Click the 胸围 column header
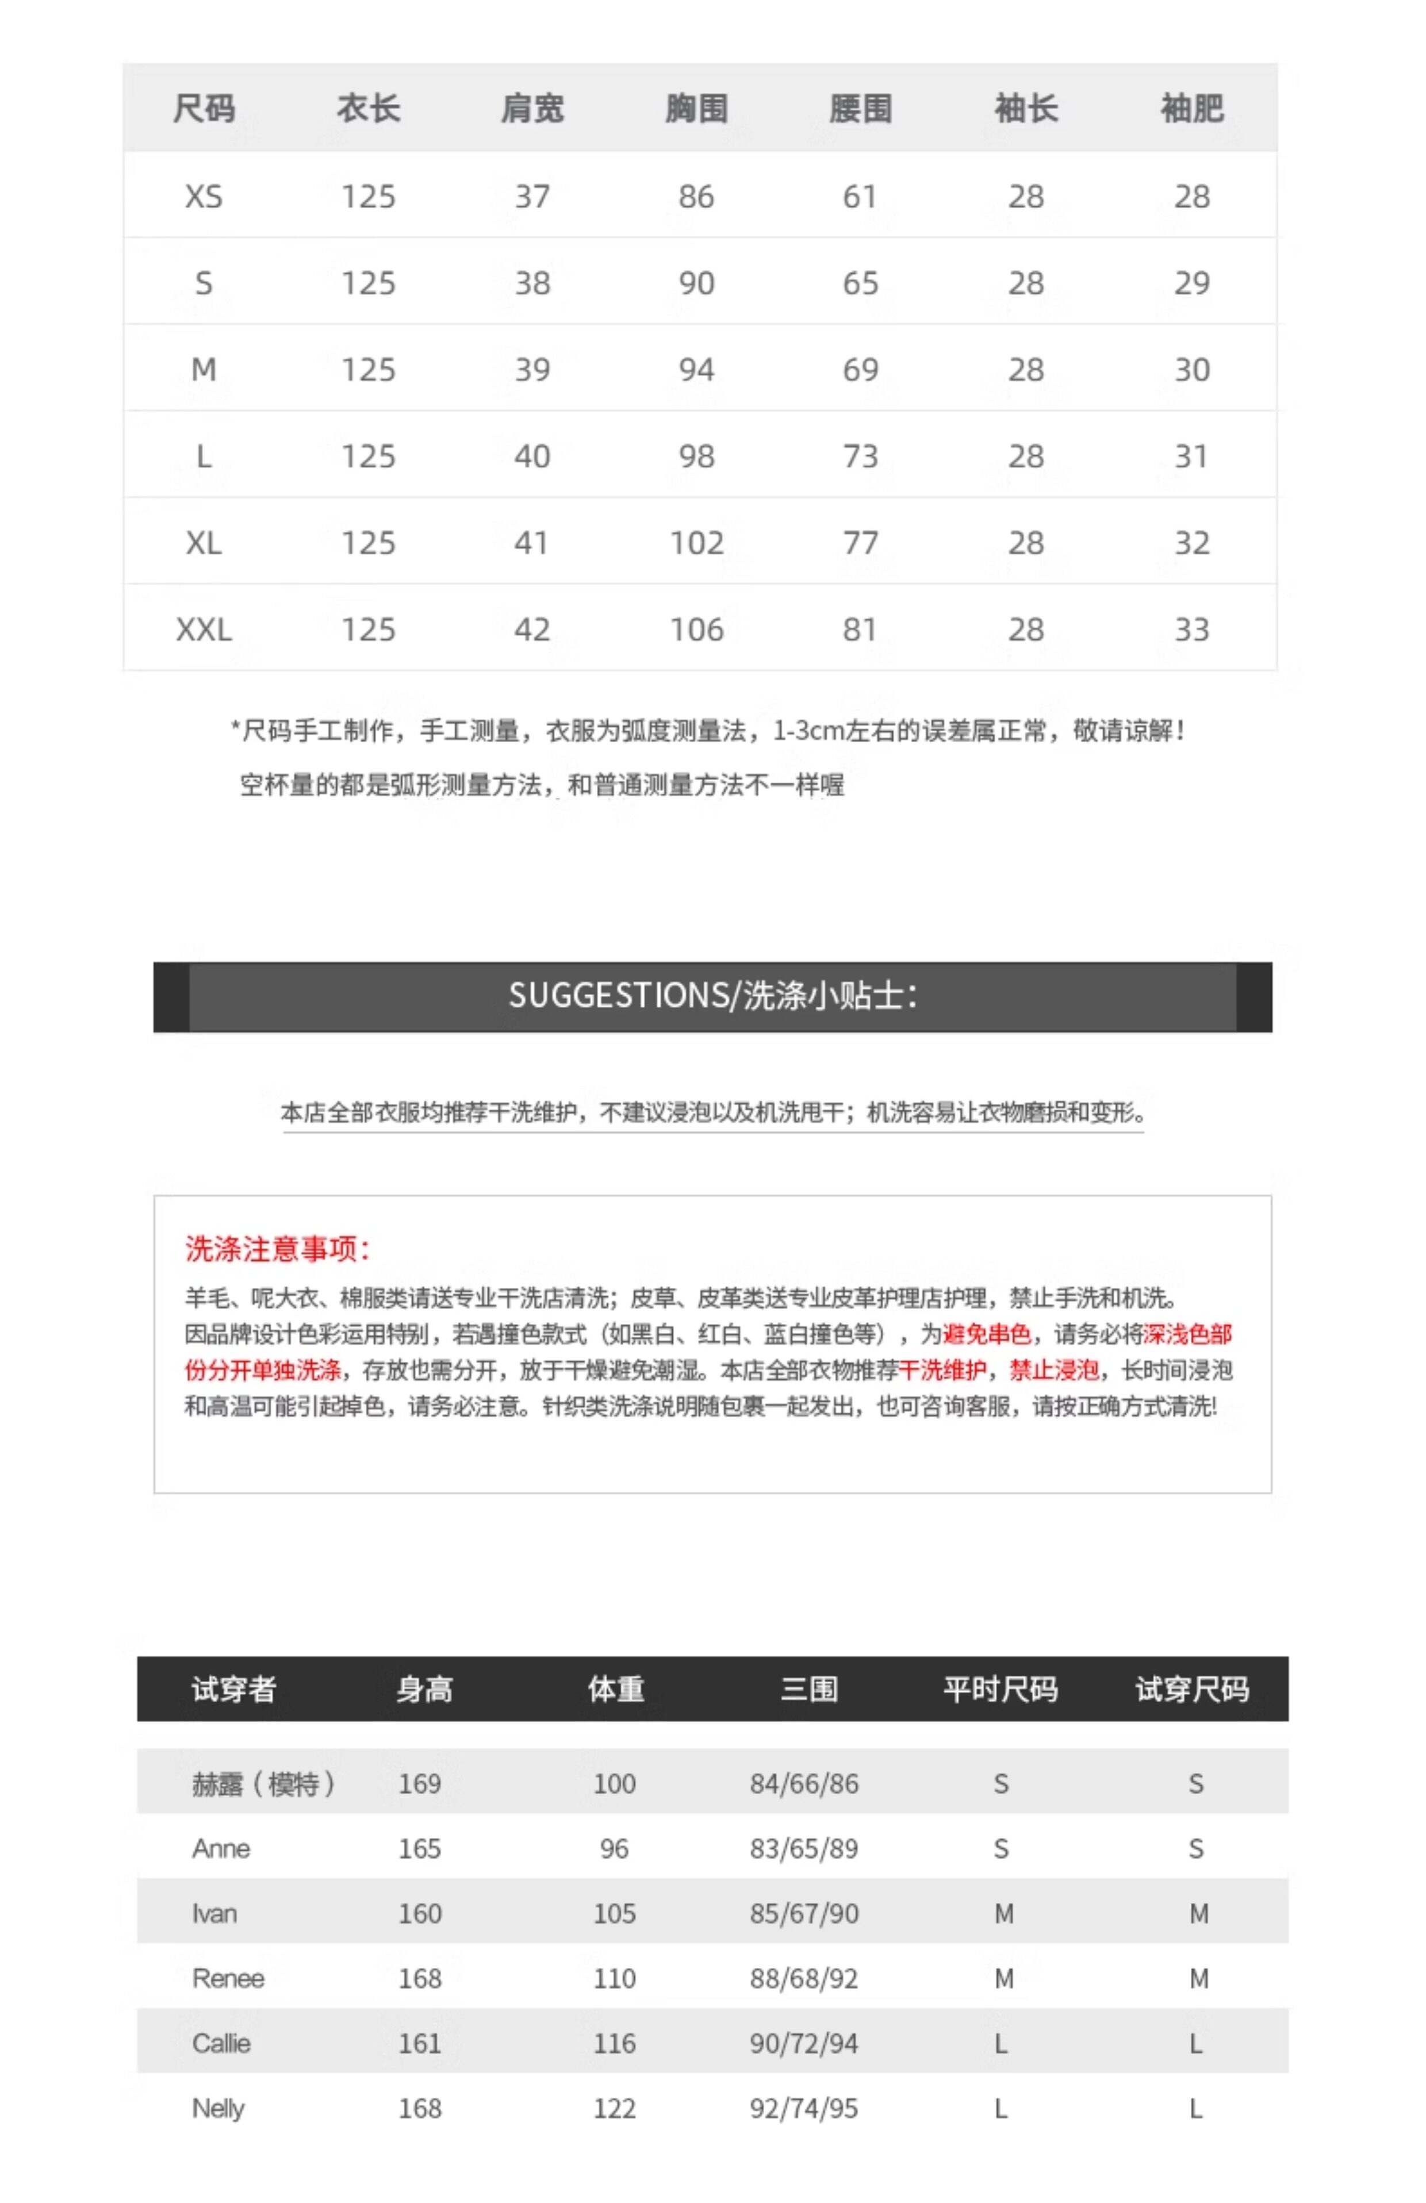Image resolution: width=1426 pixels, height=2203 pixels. point(696,108)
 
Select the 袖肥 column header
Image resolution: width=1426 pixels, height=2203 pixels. point(1192,108)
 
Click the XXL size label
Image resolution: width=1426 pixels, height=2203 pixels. point(204,630)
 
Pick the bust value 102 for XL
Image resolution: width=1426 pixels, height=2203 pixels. point(696,543)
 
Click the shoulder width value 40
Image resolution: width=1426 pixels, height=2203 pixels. point(532,456)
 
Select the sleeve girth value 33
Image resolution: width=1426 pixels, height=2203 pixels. point(1192,630)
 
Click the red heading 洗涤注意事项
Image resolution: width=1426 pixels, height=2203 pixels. point(277,1249)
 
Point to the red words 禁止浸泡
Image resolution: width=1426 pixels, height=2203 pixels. point(1054,1370)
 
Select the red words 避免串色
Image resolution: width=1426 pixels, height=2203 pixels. point(986,1334)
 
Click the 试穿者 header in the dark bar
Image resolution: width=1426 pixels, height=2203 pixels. point(233,1689)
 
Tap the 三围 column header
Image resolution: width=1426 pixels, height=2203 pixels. point(808,1689)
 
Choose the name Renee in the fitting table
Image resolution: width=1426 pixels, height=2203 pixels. point(228,1978)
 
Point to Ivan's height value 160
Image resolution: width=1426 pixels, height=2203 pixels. point(420,1913)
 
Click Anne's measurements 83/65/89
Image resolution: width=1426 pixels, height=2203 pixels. point(804,1848)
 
